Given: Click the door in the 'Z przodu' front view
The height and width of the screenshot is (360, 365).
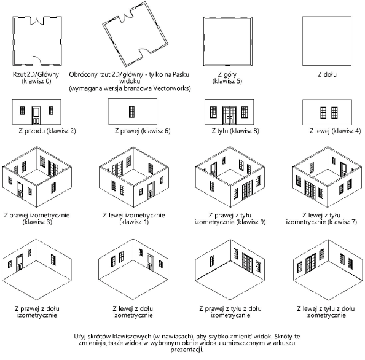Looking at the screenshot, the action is tap(36, 115).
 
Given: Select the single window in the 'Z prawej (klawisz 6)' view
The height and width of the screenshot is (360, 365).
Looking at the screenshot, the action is tap(131, 112).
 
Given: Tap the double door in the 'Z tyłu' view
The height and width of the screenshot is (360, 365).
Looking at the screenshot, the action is tap(229, 115).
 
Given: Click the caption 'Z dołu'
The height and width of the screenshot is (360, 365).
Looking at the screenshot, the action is tap(327, 74).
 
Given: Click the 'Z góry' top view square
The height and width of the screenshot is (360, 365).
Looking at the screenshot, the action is tap(228, 41).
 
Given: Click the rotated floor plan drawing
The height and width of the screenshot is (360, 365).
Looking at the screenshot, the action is tap(135, 34).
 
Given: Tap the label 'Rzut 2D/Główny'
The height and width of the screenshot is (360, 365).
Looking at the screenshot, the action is tap(36, 74).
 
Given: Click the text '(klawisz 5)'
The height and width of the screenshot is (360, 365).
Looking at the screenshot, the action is tap(227, 81).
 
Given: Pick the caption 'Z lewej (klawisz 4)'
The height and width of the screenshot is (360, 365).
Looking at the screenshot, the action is tap(336, 131).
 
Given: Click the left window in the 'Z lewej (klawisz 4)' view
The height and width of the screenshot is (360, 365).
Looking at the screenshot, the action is tap(323, 112).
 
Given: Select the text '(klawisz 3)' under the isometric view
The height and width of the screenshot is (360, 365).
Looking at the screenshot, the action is tap(37, 222).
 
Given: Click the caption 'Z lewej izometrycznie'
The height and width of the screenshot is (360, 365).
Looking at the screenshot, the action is tap(134, 215).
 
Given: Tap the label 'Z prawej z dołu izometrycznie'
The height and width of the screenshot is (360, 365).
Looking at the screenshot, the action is tap(37, 312).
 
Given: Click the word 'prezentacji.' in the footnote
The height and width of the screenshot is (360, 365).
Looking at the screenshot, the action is tap(187, 350).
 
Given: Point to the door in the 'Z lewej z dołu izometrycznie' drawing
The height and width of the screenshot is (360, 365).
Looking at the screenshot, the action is tap(151, 262).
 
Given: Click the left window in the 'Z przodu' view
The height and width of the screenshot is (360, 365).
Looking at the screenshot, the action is tap(23, 111).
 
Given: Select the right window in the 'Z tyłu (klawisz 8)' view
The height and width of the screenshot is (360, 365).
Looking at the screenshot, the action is tap(245, 112).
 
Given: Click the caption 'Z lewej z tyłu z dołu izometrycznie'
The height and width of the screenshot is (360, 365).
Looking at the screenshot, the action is tap(326, 312).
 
